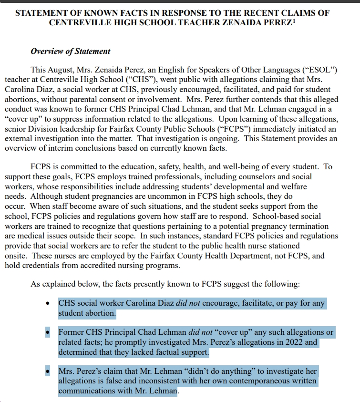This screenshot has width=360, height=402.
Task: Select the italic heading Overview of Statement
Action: tap(71, 51)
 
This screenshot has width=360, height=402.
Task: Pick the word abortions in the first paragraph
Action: tap(22, 99)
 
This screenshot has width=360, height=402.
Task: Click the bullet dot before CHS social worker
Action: tap(48, 304)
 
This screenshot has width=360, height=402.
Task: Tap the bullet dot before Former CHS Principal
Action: tap(48, 332)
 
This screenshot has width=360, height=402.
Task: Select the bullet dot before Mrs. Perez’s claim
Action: tap(48, 371)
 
